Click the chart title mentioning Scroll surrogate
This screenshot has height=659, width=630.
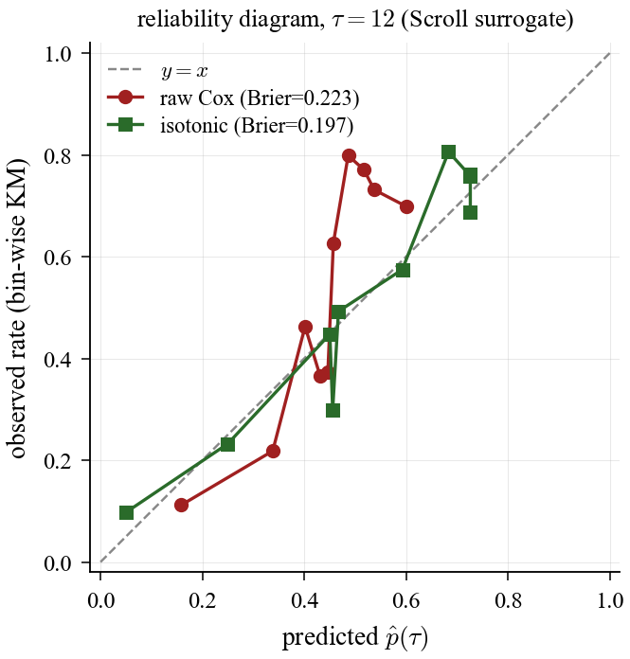(x=354, y=20)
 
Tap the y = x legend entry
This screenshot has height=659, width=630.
(x=185, y=71)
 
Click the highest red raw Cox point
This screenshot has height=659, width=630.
(x=349, y=155)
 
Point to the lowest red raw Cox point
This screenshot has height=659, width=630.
(x=181, y=505)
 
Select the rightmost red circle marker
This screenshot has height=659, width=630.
(x=406, y=206)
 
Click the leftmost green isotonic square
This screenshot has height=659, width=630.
(x=126, y=513)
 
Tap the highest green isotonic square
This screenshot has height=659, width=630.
(x=448, y=152)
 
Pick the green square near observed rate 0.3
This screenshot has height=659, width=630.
(x=333, y=410)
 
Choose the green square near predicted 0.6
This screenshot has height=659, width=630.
(x=403, y=270)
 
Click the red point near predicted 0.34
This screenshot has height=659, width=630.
(x=273, y=451)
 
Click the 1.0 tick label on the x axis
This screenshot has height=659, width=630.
(x=610, y=599)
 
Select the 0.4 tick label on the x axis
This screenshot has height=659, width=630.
(x=304, y=599)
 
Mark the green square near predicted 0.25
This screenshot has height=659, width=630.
(x=227, y=444)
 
